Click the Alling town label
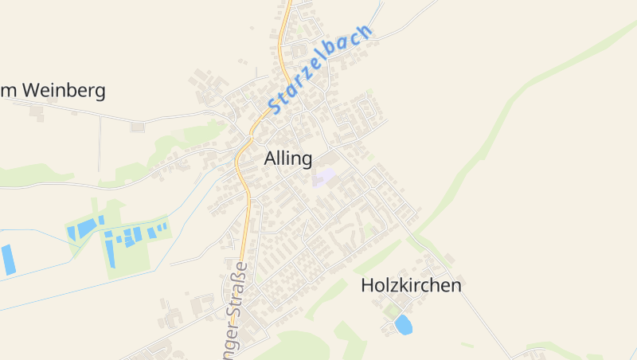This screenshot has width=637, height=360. [287, 158]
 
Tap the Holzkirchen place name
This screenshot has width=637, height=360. [411, 285]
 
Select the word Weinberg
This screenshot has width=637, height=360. [64, 91]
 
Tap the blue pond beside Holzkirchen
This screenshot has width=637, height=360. [404, 324]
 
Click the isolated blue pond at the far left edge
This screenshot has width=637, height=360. [7, 260]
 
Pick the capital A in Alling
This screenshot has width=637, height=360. [270, 158]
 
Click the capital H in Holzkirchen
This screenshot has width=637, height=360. [367, 285]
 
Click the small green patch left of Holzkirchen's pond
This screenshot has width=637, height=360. [389, 313]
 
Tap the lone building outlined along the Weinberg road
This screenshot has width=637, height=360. [138, 127]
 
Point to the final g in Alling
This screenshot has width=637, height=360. [306, 161]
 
